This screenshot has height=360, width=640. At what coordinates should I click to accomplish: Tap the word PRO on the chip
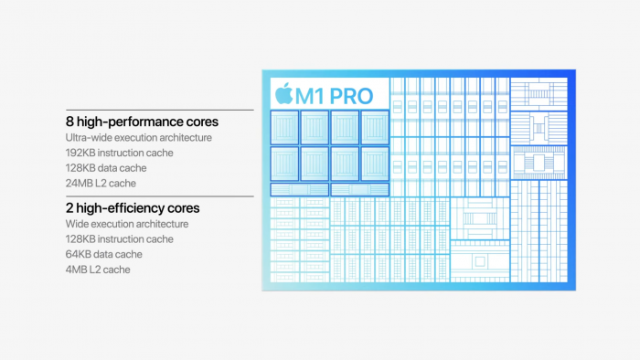click(x=353, y=94)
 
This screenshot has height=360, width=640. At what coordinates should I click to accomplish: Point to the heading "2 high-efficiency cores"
click(x=133, y=207)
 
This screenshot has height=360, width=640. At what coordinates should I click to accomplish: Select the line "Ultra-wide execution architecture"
click(x=139, y=137)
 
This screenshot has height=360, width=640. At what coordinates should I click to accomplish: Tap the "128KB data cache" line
click(x=105, y=167)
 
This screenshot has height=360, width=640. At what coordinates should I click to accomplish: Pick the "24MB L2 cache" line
click(x=100, y=182)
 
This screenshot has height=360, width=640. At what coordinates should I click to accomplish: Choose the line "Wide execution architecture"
click(x=127, y=224)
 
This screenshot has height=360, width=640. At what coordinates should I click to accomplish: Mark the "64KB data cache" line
click(x=103, y=254)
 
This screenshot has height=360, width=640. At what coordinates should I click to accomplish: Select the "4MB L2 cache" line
click(x=97, y=269)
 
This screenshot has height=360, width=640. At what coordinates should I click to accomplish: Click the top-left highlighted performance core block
click(x=285, y=127)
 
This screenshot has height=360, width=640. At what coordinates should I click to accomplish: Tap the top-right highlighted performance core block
click(x=375, y=127)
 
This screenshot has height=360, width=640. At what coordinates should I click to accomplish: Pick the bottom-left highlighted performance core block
click(x=285, y=163)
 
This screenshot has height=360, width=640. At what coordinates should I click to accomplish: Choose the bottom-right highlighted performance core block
click(x=375, y=163)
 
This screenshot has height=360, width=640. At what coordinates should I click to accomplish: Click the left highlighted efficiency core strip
click(x=300, y=190)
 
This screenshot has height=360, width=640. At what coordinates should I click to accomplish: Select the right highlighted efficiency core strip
click(x=360, y=190)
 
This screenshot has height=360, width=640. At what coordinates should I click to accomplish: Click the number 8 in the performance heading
click(x=69, y=121)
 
